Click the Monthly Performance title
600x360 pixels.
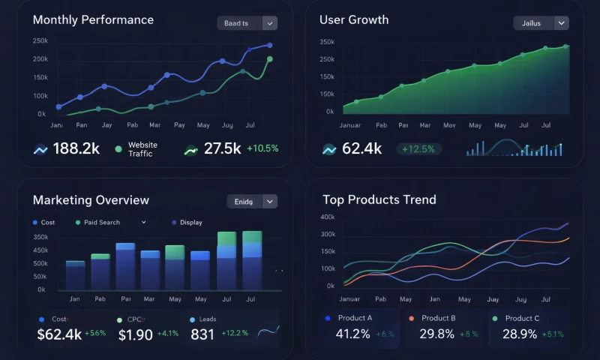point(93,20)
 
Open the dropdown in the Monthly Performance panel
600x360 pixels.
point(247,23)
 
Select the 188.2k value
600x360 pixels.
point(76,148)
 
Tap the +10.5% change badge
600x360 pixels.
point(262,148)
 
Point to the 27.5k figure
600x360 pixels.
point(222,148)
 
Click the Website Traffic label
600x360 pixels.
point(142,149)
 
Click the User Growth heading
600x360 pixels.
point(354,20)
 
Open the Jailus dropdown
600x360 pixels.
point(541,23)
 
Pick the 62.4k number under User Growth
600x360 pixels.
point(361,148)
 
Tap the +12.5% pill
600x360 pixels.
point(418,149)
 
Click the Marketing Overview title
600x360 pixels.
point(91,200)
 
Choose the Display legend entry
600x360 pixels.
point(190,223)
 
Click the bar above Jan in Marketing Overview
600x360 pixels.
point(75,275)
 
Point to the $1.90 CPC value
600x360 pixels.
point(136,334)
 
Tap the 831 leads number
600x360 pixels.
point(202,334)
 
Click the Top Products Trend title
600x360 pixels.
point(379,199)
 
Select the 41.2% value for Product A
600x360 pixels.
point(352,334)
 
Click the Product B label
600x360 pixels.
point(438,318)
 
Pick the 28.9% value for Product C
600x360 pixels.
point(520,334)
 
